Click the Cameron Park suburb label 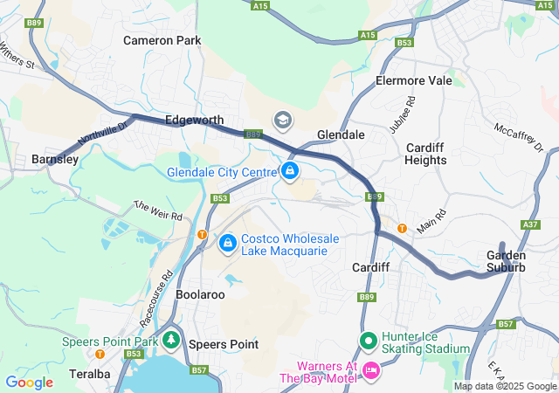pyautogui.click(x=162, y=40)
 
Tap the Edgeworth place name pyautogui.click(x=194, y=120)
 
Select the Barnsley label pyautogui.click(x=54, y=159)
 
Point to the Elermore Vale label pyautogui.click(x=413, y=80)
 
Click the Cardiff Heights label pyautogui.click(x=425, y=154)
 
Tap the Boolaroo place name pyautogui.click(x=201, y=295)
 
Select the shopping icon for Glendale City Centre pyautogui.click(x=289, y=170)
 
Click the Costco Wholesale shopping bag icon pyautogui.click(x=228, y=243)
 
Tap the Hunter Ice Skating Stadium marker pyautogui.click(x=368, y=340)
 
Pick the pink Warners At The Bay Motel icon pyautogui.click(x=369, y=371)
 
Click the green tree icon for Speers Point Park pyautogui.click(x=172, y=340)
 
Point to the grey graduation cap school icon pyautogui.click(x=283, y=119)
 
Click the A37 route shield pyautogui.click(x=530, y=224)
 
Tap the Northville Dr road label pyautogui.click(x=102, y=134)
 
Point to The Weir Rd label pyautogui.click(x=157, y=210)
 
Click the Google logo pyautogui.click(x=29, y=382)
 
